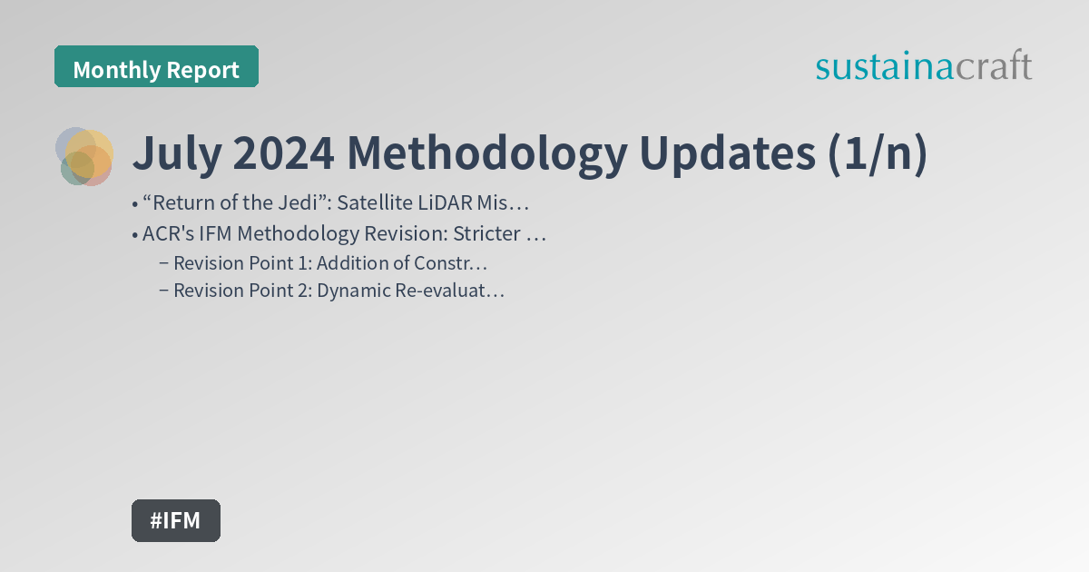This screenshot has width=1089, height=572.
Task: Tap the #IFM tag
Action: [175, 520]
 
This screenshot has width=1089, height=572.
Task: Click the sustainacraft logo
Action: [923, 66]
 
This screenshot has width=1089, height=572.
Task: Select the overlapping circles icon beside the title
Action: [84, 156]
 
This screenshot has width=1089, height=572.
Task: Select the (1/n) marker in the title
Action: [877, 155]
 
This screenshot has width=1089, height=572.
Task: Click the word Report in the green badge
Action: [203, 70]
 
